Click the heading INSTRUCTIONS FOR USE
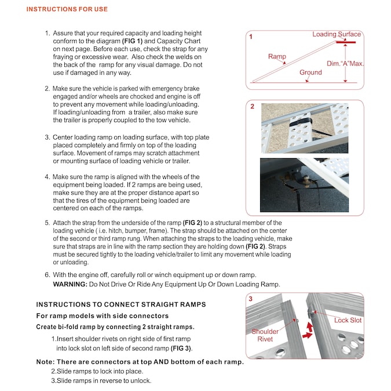[67, 9]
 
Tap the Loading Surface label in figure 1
[336, 34]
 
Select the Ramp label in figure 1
[277, 57]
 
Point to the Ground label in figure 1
[310, 72]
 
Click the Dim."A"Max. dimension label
[345, 64]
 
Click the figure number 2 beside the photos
[252, 107]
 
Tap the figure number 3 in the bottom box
[250, 299]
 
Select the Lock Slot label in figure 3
[348, 320]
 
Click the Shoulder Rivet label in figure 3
[265, 335]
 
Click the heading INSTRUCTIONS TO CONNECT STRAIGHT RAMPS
[121, 305]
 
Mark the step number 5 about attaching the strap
[47, 222]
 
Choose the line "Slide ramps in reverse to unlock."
[101, 381]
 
